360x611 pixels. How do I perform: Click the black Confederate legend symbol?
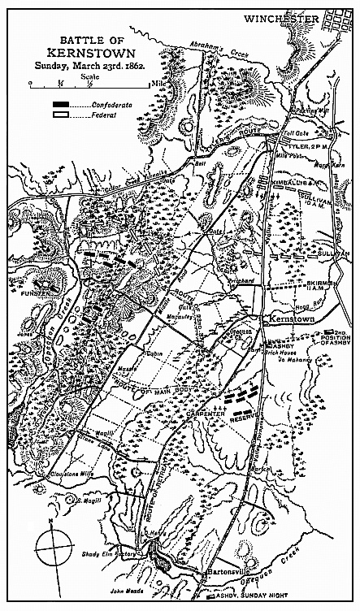60,106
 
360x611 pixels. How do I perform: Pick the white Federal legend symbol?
60,116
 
